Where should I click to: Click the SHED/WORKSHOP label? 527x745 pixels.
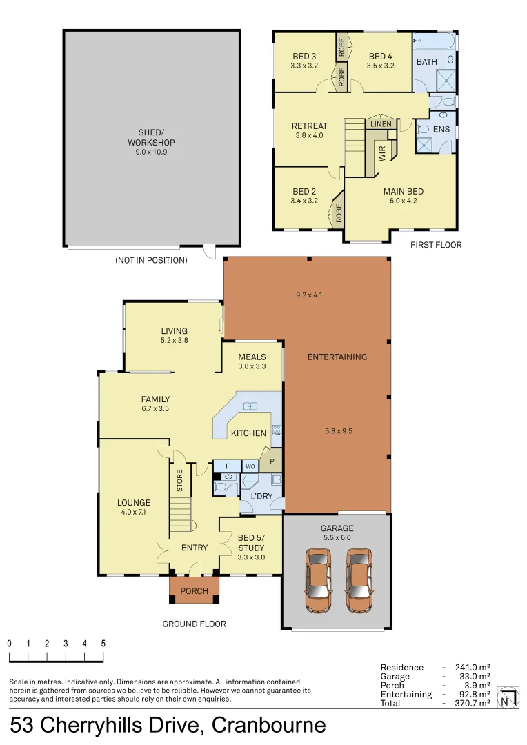151,137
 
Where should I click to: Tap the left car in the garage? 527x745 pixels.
318,581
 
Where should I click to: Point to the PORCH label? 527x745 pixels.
194,591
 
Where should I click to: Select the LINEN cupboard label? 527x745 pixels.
381,124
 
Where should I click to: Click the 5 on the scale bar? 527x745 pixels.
103,644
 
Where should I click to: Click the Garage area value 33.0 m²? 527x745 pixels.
475,677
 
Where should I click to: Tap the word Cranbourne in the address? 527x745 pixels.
269,726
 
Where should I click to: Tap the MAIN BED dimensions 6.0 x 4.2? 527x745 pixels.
404,201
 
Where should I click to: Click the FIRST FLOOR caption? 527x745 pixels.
436,245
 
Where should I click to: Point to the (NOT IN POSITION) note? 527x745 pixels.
151,260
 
